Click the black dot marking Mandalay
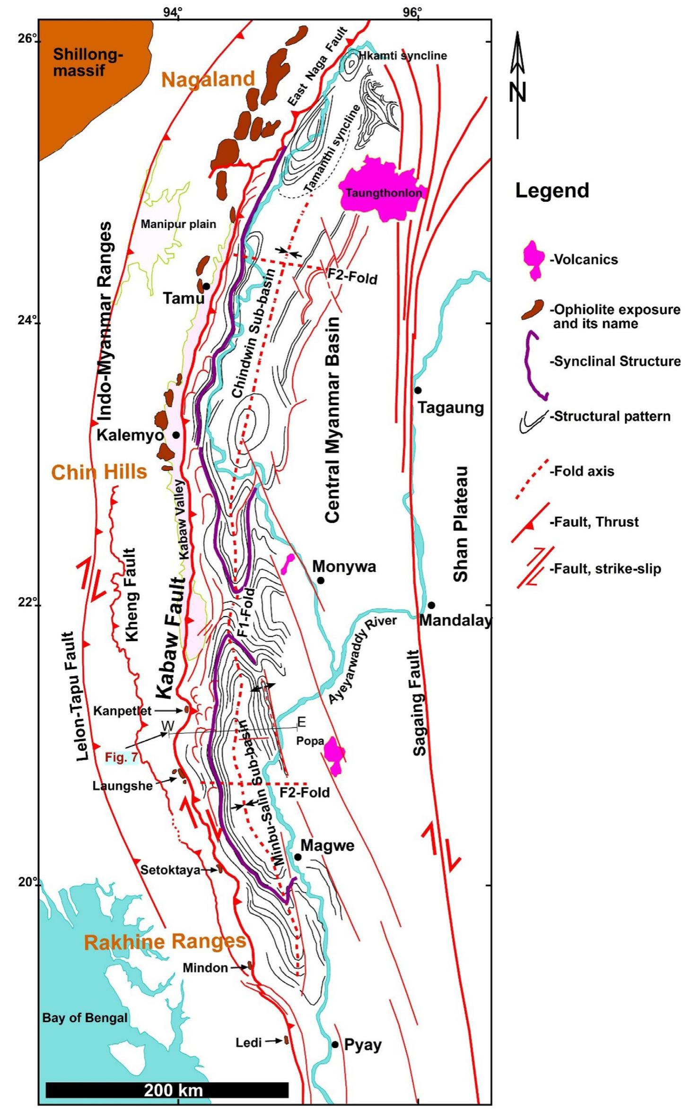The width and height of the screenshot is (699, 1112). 431,605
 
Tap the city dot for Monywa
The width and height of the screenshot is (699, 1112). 320,580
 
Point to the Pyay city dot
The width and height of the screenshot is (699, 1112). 335,1044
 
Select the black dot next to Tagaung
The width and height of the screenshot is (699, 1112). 418,390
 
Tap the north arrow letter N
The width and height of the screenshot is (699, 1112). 518,92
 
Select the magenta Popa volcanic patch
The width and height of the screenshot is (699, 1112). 335,754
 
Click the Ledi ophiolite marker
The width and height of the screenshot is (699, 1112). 286,1040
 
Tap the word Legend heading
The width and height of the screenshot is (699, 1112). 551,191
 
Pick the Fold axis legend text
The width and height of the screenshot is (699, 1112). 582,471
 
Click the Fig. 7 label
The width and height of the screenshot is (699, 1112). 121,757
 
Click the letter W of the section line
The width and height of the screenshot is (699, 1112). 167,724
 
